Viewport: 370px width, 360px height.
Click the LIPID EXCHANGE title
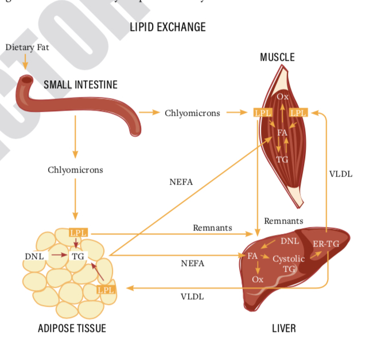tap(168, 27)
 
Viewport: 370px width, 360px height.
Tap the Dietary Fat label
tap(27, 47)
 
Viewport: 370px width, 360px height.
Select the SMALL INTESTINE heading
tap(80, 85)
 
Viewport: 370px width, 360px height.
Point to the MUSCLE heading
tap(277, 57)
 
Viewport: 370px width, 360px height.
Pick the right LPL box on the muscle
tap(299, 112)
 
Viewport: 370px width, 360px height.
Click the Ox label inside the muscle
tap(282, 97)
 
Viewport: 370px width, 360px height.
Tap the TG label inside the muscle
tap(282, 159)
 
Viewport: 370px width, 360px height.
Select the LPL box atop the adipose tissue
tap(78, 233)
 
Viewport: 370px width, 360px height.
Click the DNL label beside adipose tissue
tap(34, 256)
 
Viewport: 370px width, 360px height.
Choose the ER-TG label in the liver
tap(326, 244)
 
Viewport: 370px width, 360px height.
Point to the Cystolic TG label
tap(289, 264)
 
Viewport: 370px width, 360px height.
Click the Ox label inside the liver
tap(258, 279)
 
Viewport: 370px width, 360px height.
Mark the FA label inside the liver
tap(252, 256)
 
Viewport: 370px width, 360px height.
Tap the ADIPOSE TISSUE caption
tap(72, 328)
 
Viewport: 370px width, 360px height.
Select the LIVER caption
tap(284, 328)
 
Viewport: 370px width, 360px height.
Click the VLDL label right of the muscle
tap(341, 174)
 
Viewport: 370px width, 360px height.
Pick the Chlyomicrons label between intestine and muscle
tap(192, 113)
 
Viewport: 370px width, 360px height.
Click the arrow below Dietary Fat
tap(25, 62)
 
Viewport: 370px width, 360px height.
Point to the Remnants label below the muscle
tap(283, 221)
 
